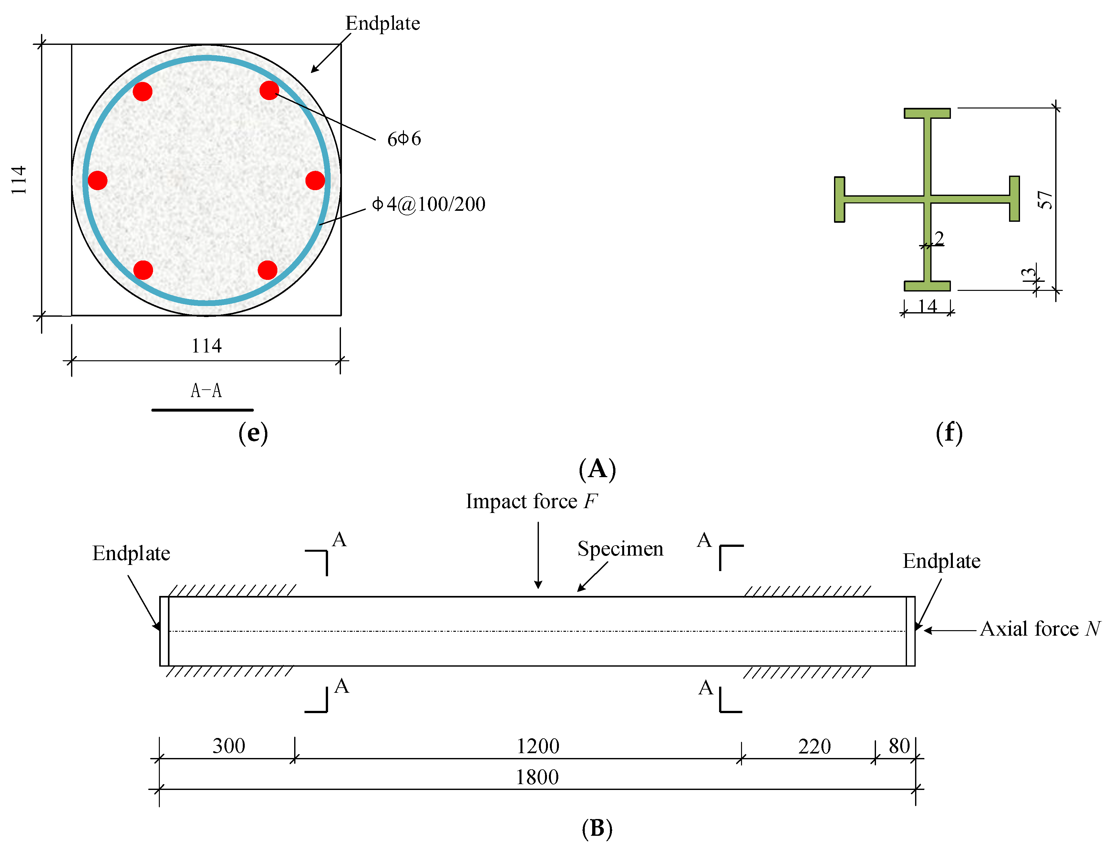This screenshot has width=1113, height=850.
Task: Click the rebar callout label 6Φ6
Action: pos(403,138)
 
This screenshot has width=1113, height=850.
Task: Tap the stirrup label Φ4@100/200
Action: pos(428,204)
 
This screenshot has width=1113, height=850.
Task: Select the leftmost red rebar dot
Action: pos(98,180)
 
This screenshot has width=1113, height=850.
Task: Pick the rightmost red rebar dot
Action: pos(315,180)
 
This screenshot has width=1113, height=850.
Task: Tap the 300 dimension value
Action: pos(228,746)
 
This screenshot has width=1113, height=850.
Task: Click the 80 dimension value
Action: pos(899,746)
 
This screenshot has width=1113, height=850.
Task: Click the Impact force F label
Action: pos(531,501)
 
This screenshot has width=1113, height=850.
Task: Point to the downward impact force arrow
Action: pos(538,557)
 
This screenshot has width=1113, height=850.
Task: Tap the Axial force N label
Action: pos(1040,629)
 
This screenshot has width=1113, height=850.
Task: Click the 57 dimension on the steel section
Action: pos(1044,200)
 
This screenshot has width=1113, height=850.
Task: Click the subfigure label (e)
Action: pos(253,433)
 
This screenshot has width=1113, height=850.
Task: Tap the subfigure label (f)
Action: pos(949,433)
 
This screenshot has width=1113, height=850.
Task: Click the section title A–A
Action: pos(206,391)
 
